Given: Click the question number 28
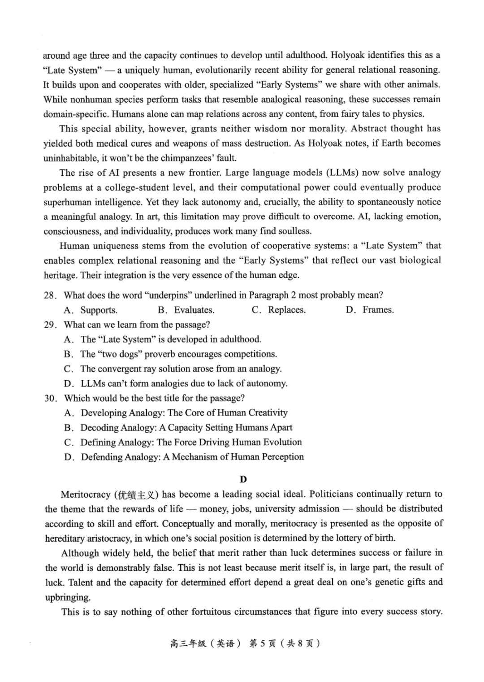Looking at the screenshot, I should coord(50,295).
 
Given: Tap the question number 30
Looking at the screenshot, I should coord(50,398).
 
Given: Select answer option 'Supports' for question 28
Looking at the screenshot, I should coord(99,310).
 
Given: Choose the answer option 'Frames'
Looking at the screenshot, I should coord(378,310).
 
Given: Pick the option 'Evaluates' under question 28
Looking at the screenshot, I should coord(194,310).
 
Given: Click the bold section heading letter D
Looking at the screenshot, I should coord(243,479).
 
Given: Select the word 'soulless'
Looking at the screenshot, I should coord(294,231).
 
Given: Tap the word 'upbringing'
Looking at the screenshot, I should coord(68,597).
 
